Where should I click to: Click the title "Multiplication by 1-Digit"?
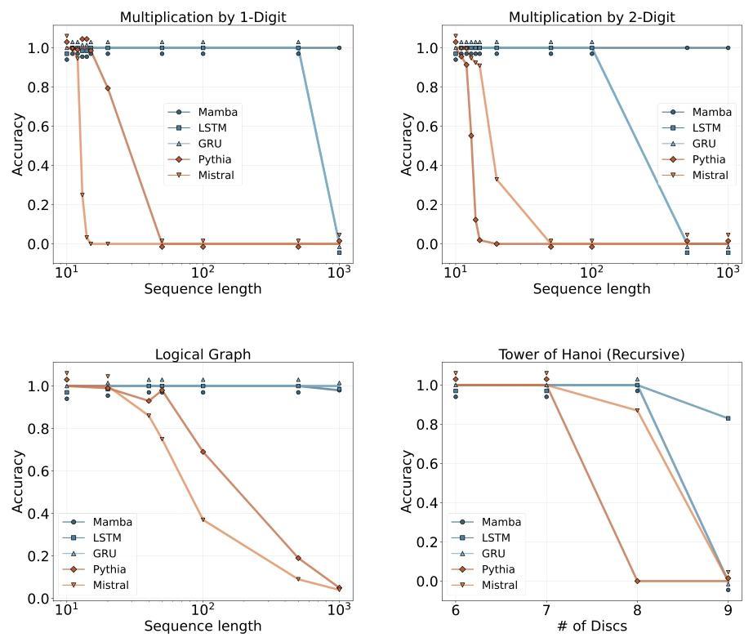[203, 17]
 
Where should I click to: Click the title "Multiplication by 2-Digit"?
[591, 17]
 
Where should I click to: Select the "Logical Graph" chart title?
[203, 354]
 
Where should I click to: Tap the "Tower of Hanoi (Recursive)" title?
[591, 354]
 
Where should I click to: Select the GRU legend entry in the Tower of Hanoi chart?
[492, 553]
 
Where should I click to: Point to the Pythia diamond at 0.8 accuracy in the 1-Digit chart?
[108, 88]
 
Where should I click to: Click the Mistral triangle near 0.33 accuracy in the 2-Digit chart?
[497, 180]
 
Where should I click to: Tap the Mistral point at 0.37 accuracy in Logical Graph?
[203, 520]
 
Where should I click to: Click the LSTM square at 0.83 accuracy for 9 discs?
[728, 418]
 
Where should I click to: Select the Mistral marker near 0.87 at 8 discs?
[637, 410]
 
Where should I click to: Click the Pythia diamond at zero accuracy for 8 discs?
[637, 581]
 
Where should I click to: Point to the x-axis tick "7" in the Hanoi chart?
[546, 609]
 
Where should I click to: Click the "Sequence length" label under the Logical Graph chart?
[203, 626]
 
